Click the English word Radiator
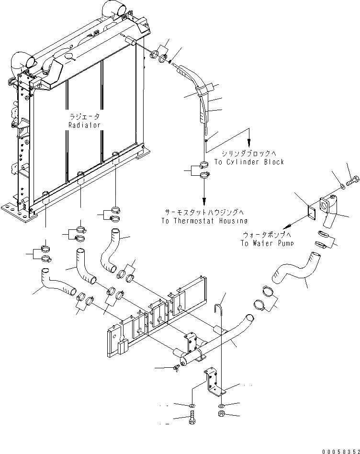tap(84, 125)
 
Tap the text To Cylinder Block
tap(249, 162)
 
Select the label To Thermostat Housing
tap(204, 221)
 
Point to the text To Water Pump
tap(268, 243)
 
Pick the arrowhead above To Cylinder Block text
tap(248, 142)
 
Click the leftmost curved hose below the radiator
tap(58, 284)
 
